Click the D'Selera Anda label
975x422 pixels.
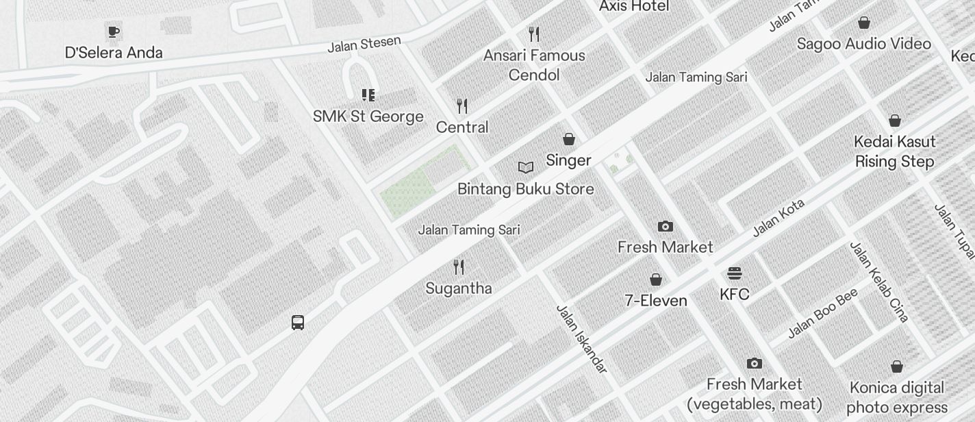click(x=114, y=53)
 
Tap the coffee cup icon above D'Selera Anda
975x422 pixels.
click(x=114, y=31)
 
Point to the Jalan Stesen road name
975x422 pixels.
click(x=364, y=45)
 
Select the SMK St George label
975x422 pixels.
click(x=368, y=116)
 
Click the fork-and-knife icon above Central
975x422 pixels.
click(x=462, y=106)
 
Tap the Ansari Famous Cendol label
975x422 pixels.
click(x=534, y=65)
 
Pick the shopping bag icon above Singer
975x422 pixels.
click(x=569, y=139)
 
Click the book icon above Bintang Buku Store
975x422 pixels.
click(x=526, y=168)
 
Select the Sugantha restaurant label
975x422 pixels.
click(x=459, y=288)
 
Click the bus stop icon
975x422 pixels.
click(x=298, y=322)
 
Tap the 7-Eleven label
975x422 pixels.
click(x=656, y=301)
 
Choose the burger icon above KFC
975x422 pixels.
click(x=735, y=274)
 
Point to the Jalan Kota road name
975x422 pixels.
click(x=778, y=218)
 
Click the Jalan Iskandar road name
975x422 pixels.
click(x=581, y=340)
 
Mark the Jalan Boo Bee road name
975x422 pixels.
click(x=822, y=314)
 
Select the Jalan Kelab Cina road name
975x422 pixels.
click(x=879, y=282)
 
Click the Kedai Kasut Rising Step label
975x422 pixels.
click(x=895, y=152)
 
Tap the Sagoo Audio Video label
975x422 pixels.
click(x=864, y=44)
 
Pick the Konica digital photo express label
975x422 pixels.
click(x=897, y=398)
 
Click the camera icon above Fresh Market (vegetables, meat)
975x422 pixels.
click(x=755, y=363)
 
